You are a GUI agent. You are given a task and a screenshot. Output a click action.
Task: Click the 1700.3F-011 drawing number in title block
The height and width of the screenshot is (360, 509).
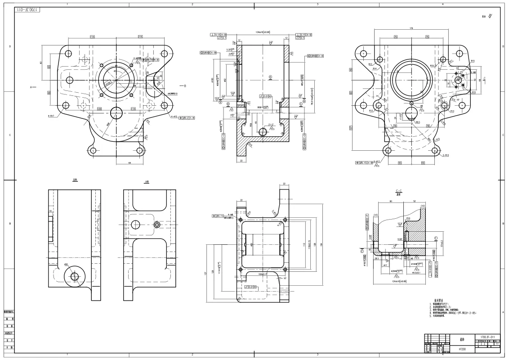tap(487, 337)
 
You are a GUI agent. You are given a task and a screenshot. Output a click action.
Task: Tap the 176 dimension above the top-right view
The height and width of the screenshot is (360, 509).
tap(411, 28)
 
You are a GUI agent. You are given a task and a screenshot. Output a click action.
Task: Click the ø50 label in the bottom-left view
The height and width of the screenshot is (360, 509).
tap(66, 265)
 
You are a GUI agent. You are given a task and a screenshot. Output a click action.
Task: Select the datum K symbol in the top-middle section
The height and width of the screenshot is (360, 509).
tap(270, 77)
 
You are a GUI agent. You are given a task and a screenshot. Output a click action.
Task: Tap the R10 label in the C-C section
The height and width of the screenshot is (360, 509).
tap(408, 218)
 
